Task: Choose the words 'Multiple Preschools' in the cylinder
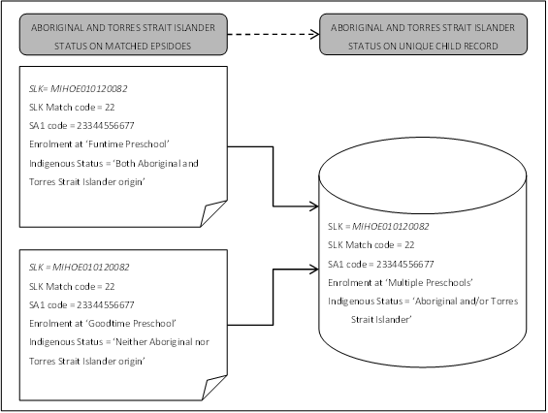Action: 437,282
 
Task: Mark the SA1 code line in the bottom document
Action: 85,303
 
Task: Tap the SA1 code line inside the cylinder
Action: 380,264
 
